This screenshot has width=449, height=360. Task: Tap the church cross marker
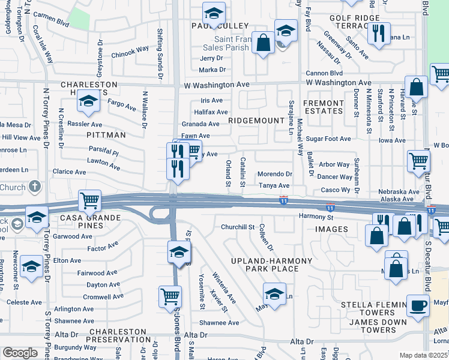[35, 187]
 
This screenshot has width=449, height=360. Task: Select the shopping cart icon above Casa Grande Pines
[89, 200]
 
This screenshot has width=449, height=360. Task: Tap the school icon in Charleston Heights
[88, 103]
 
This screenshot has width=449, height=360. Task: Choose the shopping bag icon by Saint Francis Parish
[263, 43]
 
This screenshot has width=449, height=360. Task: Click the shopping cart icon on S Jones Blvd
[170, 296]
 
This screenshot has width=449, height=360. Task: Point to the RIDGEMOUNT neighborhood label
[255, 121]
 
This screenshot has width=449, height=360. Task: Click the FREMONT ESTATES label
[324, 107]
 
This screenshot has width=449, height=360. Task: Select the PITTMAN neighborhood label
[106, 135]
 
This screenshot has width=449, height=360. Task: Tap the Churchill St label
[238, 227]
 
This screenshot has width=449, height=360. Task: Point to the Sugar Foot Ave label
[328, 139]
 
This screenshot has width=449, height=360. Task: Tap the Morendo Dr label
[274, 174]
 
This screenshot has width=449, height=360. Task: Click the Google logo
[20, 353]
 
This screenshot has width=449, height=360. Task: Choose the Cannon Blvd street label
[324, 73]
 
